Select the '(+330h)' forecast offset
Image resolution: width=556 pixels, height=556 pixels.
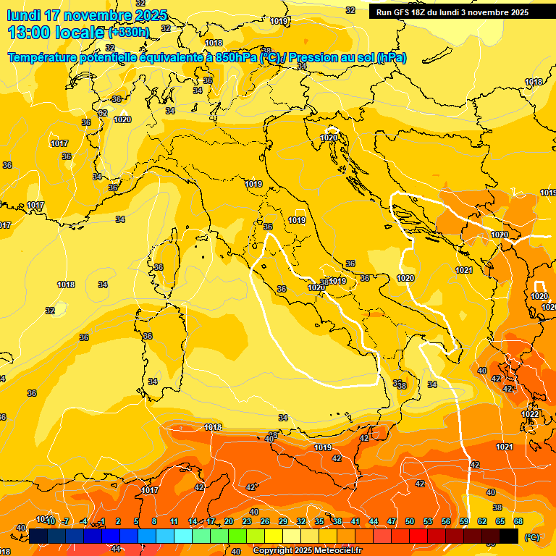click(129, 33)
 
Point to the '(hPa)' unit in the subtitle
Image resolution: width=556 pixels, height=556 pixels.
click(391, 57)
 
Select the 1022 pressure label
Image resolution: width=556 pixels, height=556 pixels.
click(530, 414)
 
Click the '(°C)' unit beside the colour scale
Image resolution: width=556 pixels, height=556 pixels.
click(531, 537)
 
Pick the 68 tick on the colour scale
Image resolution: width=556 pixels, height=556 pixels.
click(518, 521)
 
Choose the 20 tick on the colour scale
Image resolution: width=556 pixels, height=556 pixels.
click(229, 521)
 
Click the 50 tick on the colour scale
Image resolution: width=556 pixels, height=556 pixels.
click(410, 521)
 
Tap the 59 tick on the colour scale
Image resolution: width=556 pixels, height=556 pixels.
click(464, 521)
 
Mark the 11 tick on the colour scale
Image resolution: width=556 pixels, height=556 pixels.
click(174, 521)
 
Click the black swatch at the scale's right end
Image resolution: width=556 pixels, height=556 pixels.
click(509, 536)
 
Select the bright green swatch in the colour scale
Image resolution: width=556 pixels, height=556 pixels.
click(237, 536)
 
